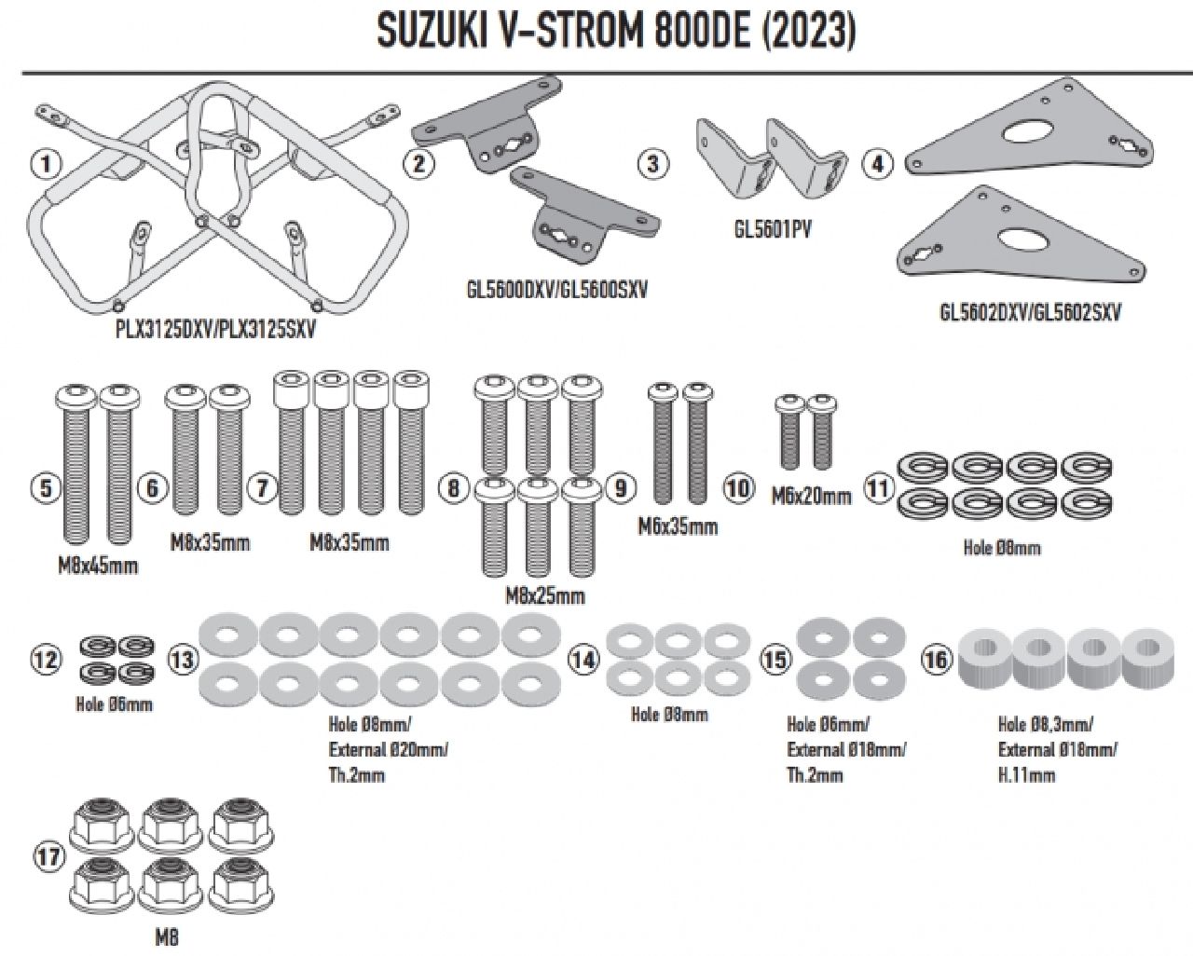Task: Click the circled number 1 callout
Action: [x=45, y=166]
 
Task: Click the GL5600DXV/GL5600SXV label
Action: [x=556, y=290]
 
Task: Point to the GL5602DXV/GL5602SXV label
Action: [x=1029, y=311]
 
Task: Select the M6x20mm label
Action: [x=811, y=497]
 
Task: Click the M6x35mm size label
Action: [x=678, y=527]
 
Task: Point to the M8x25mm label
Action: [x=545, y=595]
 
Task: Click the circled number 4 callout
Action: [x=878, y=164]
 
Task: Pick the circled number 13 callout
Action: [x=183, y=659]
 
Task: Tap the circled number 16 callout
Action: [x=937, y=659]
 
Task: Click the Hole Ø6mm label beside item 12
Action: [x=114, y=703]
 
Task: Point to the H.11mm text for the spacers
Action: [x=1026, y=774]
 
